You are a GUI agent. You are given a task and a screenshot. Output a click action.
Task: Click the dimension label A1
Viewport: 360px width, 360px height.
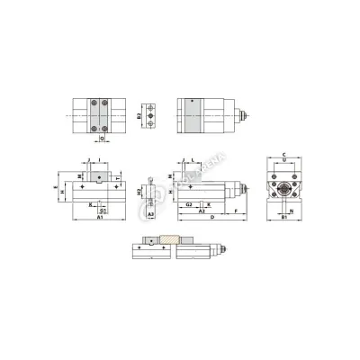[x=98, y=218]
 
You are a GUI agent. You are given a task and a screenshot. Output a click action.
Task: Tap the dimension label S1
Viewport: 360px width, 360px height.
[x=102, y=211]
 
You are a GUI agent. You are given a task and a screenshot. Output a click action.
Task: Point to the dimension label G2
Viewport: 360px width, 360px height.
[x=188, y=204]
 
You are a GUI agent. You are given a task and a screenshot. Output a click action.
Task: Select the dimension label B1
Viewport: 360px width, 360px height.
[x=283, y=218]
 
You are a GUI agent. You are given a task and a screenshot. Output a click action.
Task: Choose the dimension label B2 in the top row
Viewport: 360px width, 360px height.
[x=139, y=116]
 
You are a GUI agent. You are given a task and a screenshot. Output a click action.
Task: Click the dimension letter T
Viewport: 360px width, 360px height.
[x=120, y=177]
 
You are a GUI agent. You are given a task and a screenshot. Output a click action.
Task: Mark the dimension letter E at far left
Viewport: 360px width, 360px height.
[x=54, y=189]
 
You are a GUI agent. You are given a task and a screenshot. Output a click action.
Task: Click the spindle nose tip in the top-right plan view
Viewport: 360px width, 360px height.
[x=246, y=116]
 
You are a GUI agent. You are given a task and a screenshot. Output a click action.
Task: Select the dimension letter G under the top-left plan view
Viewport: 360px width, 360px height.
[x=101, y=139]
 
